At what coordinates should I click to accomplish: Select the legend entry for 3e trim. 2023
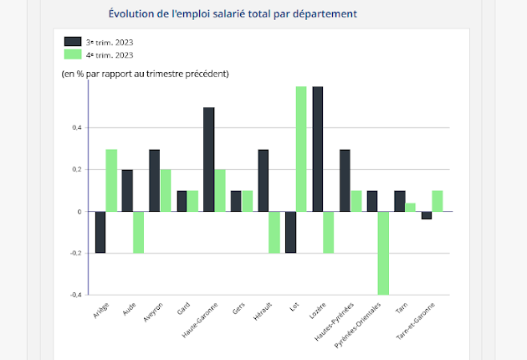tap(99, 41)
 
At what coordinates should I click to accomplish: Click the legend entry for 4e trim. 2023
tap(99, 54)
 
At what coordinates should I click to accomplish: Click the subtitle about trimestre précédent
tap(145, 74)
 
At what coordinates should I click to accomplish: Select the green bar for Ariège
tap(111, 180)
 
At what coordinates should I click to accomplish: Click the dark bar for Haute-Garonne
tap(209, 159)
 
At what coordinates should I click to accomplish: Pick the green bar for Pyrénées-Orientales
tap(384, 253)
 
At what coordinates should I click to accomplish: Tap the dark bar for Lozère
tap(318, 148)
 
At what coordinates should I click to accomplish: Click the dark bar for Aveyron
tap(155, 180)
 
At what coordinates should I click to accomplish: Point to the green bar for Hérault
tap(274, 232)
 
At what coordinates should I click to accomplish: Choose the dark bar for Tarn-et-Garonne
tap(427, 215)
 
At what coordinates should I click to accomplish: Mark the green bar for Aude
tap(139, 232)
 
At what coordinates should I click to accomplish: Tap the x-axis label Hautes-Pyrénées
tap(339, 321)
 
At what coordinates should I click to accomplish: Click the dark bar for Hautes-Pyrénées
tap(345, 180)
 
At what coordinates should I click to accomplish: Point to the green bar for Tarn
tap(411, 207)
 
